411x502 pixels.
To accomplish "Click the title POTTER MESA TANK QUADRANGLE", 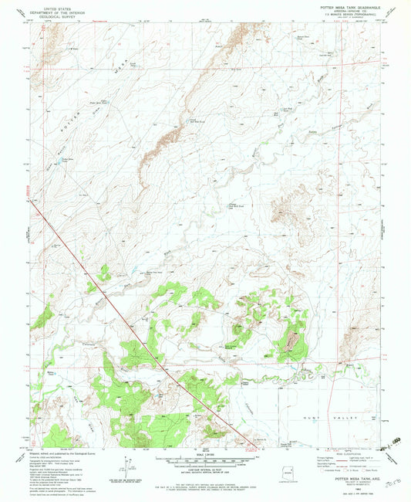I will click(343, 5).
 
